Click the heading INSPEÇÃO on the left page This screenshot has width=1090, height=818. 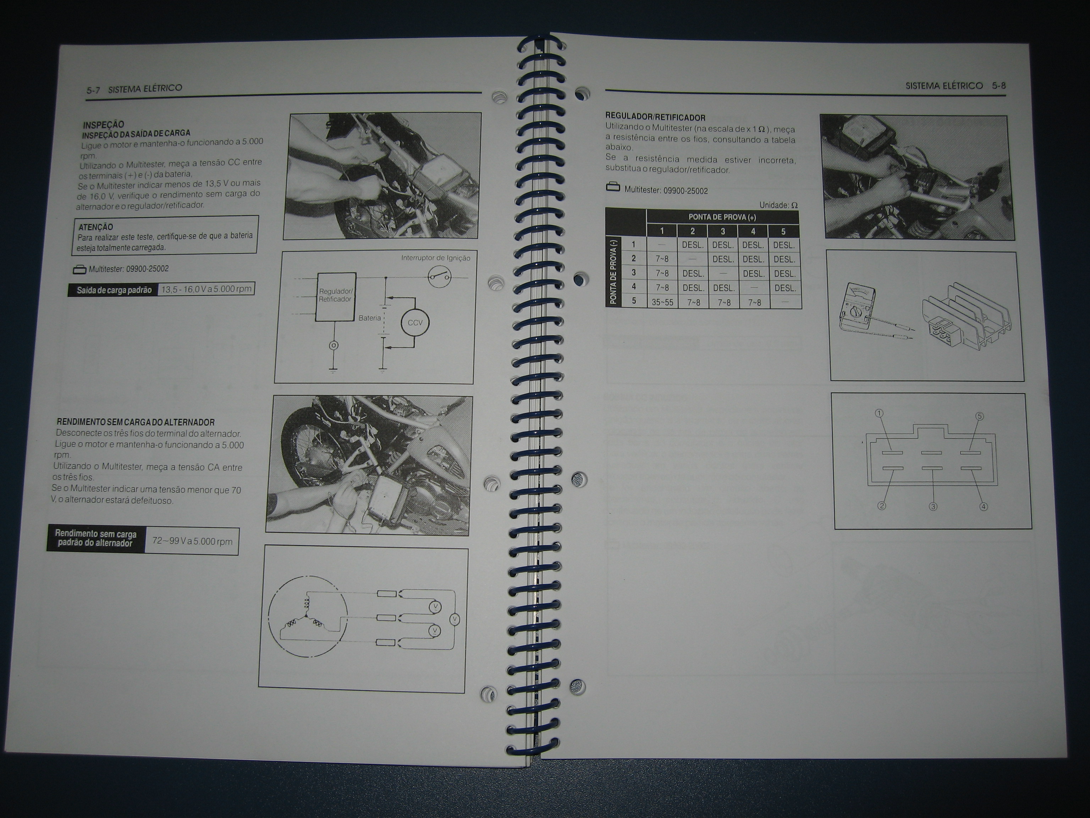coord(104,125)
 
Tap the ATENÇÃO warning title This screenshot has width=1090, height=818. coord(95,227)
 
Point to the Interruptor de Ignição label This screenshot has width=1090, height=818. coord(436,258)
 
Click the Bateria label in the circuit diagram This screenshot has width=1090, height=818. coord(370,318)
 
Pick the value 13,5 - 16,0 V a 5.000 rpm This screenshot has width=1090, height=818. coord(207,289)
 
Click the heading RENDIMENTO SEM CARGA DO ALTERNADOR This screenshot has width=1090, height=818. coord(136,422)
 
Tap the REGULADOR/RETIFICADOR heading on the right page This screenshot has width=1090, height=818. coord(655,118)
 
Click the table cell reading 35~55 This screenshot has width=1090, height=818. coord(662,302)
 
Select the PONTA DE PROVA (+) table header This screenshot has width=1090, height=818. coord(722,217)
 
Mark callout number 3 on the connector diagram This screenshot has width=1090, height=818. coord(933,506)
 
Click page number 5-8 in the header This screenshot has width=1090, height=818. coord(999,85)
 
